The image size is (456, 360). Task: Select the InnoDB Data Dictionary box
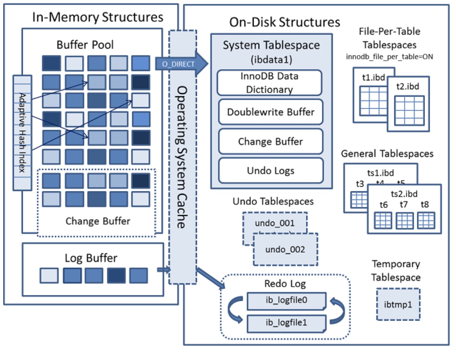coord(269,83)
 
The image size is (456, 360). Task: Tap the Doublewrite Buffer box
coord(270,112)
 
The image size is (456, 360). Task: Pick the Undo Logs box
coord(270,171)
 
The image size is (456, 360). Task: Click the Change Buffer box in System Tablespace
coord(270,141)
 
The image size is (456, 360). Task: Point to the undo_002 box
coord(285,250)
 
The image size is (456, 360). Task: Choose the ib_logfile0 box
coord(286,300)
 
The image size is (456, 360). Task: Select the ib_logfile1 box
coord(286,323)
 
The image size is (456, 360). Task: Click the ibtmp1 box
coord(398,304)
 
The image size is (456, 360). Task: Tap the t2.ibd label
coord(408,86)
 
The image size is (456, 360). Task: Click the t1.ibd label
coord(373,78)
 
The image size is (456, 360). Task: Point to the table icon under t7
coord(405,221)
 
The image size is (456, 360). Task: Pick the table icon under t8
coord(426,221)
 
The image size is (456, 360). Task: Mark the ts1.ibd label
coord(380,173)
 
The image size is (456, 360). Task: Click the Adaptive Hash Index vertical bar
coord(22,133)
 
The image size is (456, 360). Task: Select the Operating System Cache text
coord(182,156)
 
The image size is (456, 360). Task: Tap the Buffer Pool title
coord(85,45)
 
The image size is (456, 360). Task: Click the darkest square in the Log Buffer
coord(116,275)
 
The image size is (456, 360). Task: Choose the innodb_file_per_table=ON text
coord(389,57)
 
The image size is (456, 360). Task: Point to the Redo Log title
coord(285,283)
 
